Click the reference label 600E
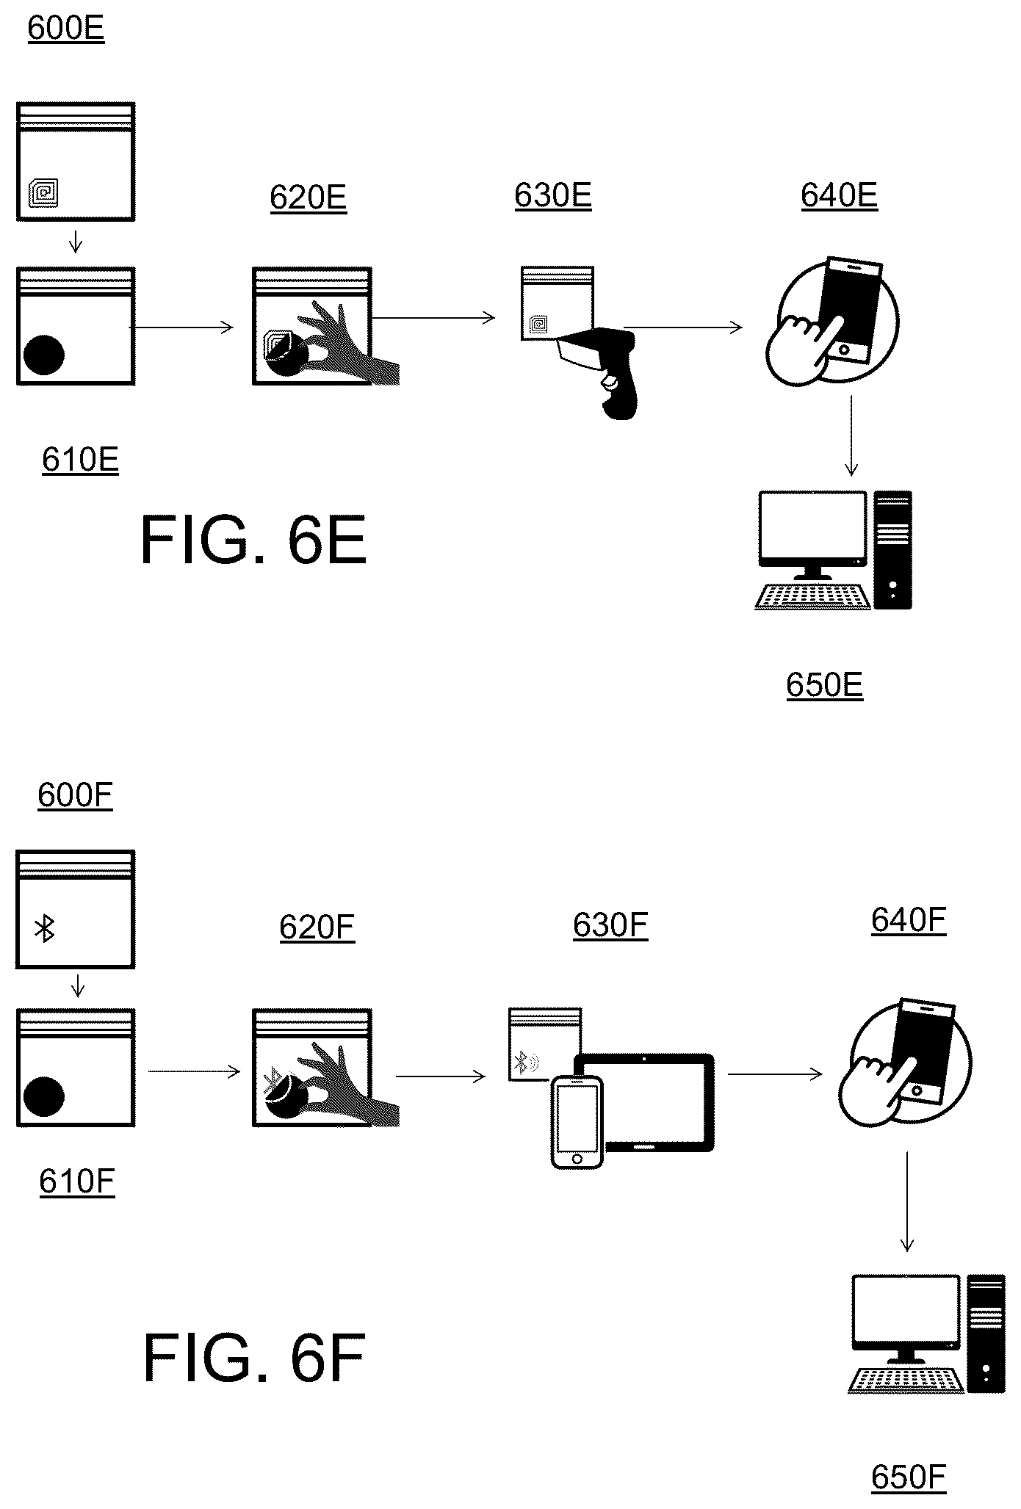[x=66, y=29]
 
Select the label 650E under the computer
[x=824, y=684]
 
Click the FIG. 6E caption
[x=253, y=540]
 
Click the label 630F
[x=610, y=925]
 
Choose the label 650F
[x=909, y=1477]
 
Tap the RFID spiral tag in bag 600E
[x=43, y=192]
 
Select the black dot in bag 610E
[x=44, y=355]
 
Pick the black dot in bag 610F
[x=44, y=1096]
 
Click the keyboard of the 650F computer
[x=906, y=1380]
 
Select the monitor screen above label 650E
[x=812, y=526]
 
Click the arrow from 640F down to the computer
[x=907, y=1201]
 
